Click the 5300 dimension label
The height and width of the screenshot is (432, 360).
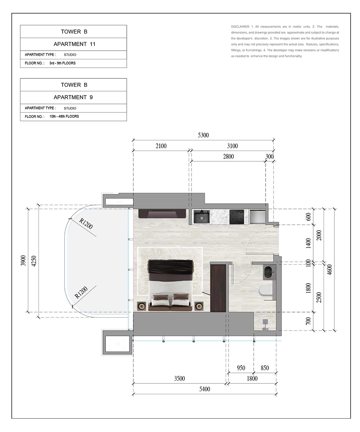pos(203,135)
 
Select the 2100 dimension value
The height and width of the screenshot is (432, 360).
pos(161,146)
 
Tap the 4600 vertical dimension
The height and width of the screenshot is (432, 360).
pos(330,270)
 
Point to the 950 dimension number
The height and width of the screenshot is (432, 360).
pos(241,368)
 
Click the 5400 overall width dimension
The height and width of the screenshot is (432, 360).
pos(204,389)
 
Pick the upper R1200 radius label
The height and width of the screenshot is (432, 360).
pos(86,224)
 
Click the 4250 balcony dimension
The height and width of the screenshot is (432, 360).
pos(34,261)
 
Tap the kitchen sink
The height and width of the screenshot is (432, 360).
pos(202,217)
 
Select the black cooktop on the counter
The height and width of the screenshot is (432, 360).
pos(237,217)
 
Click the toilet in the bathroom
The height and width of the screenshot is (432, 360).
pos(265,290)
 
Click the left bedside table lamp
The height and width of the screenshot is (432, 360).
pos(142,306)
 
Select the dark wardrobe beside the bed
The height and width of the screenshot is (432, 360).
pos(218,288)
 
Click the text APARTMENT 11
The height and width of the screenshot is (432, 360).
pos(75,44)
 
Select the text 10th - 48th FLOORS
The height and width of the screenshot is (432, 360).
pos(64,116)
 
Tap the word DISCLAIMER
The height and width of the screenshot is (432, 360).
pos(240,27)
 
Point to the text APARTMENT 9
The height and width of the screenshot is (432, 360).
pos(73,97)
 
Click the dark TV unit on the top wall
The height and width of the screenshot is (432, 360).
pos(162,213)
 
